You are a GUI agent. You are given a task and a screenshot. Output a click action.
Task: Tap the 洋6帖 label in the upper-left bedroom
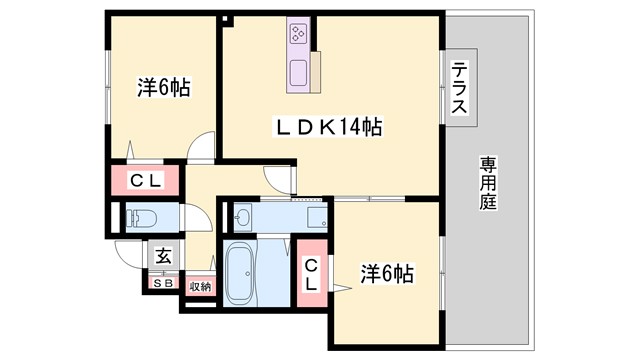[x=164, y=87]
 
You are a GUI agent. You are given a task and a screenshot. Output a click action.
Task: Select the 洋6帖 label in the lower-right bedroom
[x=387, y=272]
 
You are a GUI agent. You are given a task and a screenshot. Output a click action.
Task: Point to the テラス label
[x=461, y=88]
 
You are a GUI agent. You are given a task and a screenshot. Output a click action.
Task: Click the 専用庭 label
[x=488, y=180]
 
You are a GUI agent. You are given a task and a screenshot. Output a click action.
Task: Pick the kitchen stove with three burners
[x=299, y=35]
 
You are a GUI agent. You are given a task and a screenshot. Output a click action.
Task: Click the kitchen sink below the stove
[x=298, y=71]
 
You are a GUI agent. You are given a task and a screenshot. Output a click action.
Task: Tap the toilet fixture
[x=137, y=218]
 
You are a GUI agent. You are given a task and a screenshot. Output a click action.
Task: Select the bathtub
[x=241, y=274]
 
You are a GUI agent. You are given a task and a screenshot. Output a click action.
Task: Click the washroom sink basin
[x=243, y=215]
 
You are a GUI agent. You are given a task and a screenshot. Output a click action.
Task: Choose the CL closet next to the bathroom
[x=311, y=273]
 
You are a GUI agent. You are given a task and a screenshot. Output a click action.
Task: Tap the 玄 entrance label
[x=163, y=256]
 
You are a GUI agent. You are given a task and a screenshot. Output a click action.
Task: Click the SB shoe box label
[x=162, y=284]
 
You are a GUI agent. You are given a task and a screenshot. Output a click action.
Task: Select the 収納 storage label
[x=199, y=286]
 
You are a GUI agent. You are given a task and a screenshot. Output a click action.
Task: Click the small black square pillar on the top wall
[x=227, y=16]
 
